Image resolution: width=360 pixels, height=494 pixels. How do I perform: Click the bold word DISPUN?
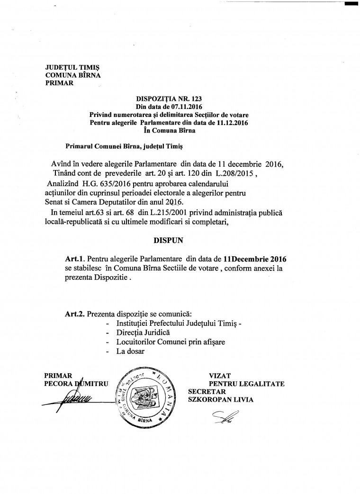pyautogui.click(x=167, y=240)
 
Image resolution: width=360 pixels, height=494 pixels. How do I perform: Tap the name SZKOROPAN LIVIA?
pyautogui.click(x=221, y=400)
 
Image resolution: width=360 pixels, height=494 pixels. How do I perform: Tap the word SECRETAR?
pyautogui.click(x=207, y=392)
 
